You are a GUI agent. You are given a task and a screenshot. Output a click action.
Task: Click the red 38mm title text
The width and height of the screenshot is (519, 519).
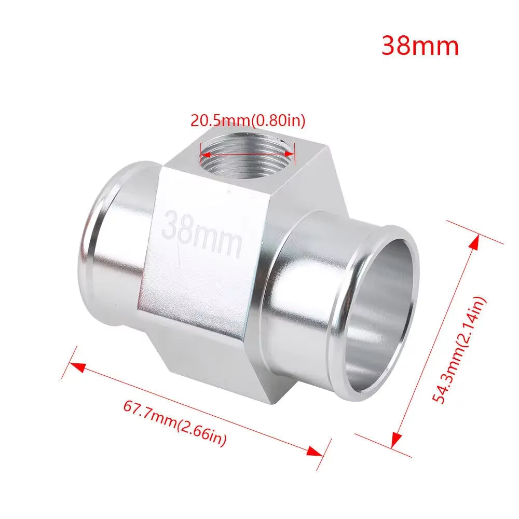pyautogui.click(x=420, y=46)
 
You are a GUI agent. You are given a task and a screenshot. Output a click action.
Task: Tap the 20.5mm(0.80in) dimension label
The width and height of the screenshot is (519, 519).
pyautogui.click(x=248, y=120)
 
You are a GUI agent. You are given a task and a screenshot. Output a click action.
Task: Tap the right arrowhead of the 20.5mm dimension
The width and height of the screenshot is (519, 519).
pyautogui.click(x=292, y=154)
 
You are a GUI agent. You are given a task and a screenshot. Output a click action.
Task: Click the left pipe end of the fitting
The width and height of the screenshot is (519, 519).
pyautogui.click(x=104, y=249)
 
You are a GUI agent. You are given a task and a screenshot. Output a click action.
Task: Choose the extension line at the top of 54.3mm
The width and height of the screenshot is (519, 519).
pyautogui.click(x=475, y=231)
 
